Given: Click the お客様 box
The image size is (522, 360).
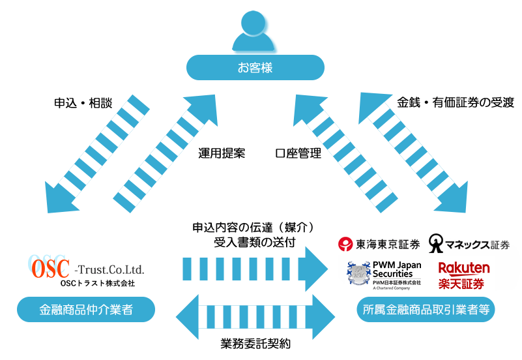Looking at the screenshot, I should (x=255, y=67).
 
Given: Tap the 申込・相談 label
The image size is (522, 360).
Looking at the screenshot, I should (x=83, y=103).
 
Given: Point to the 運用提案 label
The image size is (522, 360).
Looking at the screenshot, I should (x=222, y=154).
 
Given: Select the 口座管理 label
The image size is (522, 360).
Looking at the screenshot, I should (x=298, y=154).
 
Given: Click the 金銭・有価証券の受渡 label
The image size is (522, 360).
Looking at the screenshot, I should (x=456, y=102).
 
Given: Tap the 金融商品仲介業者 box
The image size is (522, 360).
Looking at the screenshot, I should (x=86, y=309).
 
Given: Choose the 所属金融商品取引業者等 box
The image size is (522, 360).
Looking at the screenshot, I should (x=426, y=309).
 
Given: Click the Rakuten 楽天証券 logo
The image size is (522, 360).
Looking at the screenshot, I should (x=464, y=275).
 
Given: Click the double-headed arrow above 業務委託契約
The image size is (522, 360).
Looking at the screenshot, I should (x=255, y=317).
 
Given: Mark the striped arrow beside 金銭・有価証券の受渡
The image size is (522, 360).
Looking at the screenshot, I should (x=414, y=155).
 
